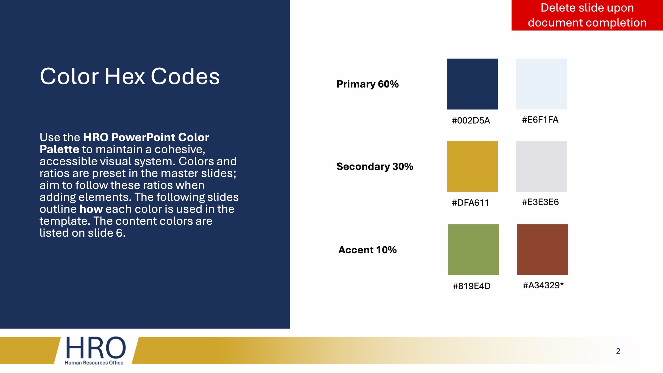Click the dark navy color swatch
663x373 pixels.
pos(472,84)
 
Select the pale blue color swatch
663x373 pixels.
pos(541,84)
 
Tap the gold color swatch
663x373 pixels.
pos(472,166)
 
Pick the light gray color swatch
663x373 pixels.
pos(541,166)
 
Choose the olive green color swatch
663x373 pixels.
pos(473,250)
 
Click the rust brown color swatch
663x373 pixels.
pos(542,250)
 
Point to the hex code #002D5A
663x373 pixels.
pos(471,120)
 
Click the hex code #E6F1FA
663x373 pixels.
pos(540,120)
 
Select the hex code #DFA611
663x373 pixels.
pos(470,203)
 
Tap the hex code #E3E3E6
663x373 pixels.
pos(540,202)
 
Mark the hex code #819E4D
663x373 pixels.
pos(472,286)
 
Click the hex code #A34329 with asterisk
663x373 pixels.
pos(543,285)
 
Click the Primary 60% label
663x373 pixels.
pos(368,84)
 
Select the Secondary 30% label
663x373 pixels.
pos(375,167)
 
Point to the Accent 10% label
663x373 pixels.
pos(368,250)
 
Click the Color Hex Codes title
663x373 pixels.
pos(130,76)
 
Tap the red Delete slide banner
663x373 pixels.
pos(587,15)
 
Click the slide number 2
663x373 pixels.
pos(618,351)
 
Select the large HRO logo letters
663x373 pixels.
pos(95,348)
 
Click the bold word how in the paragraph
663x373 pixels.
pos(91,209)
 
